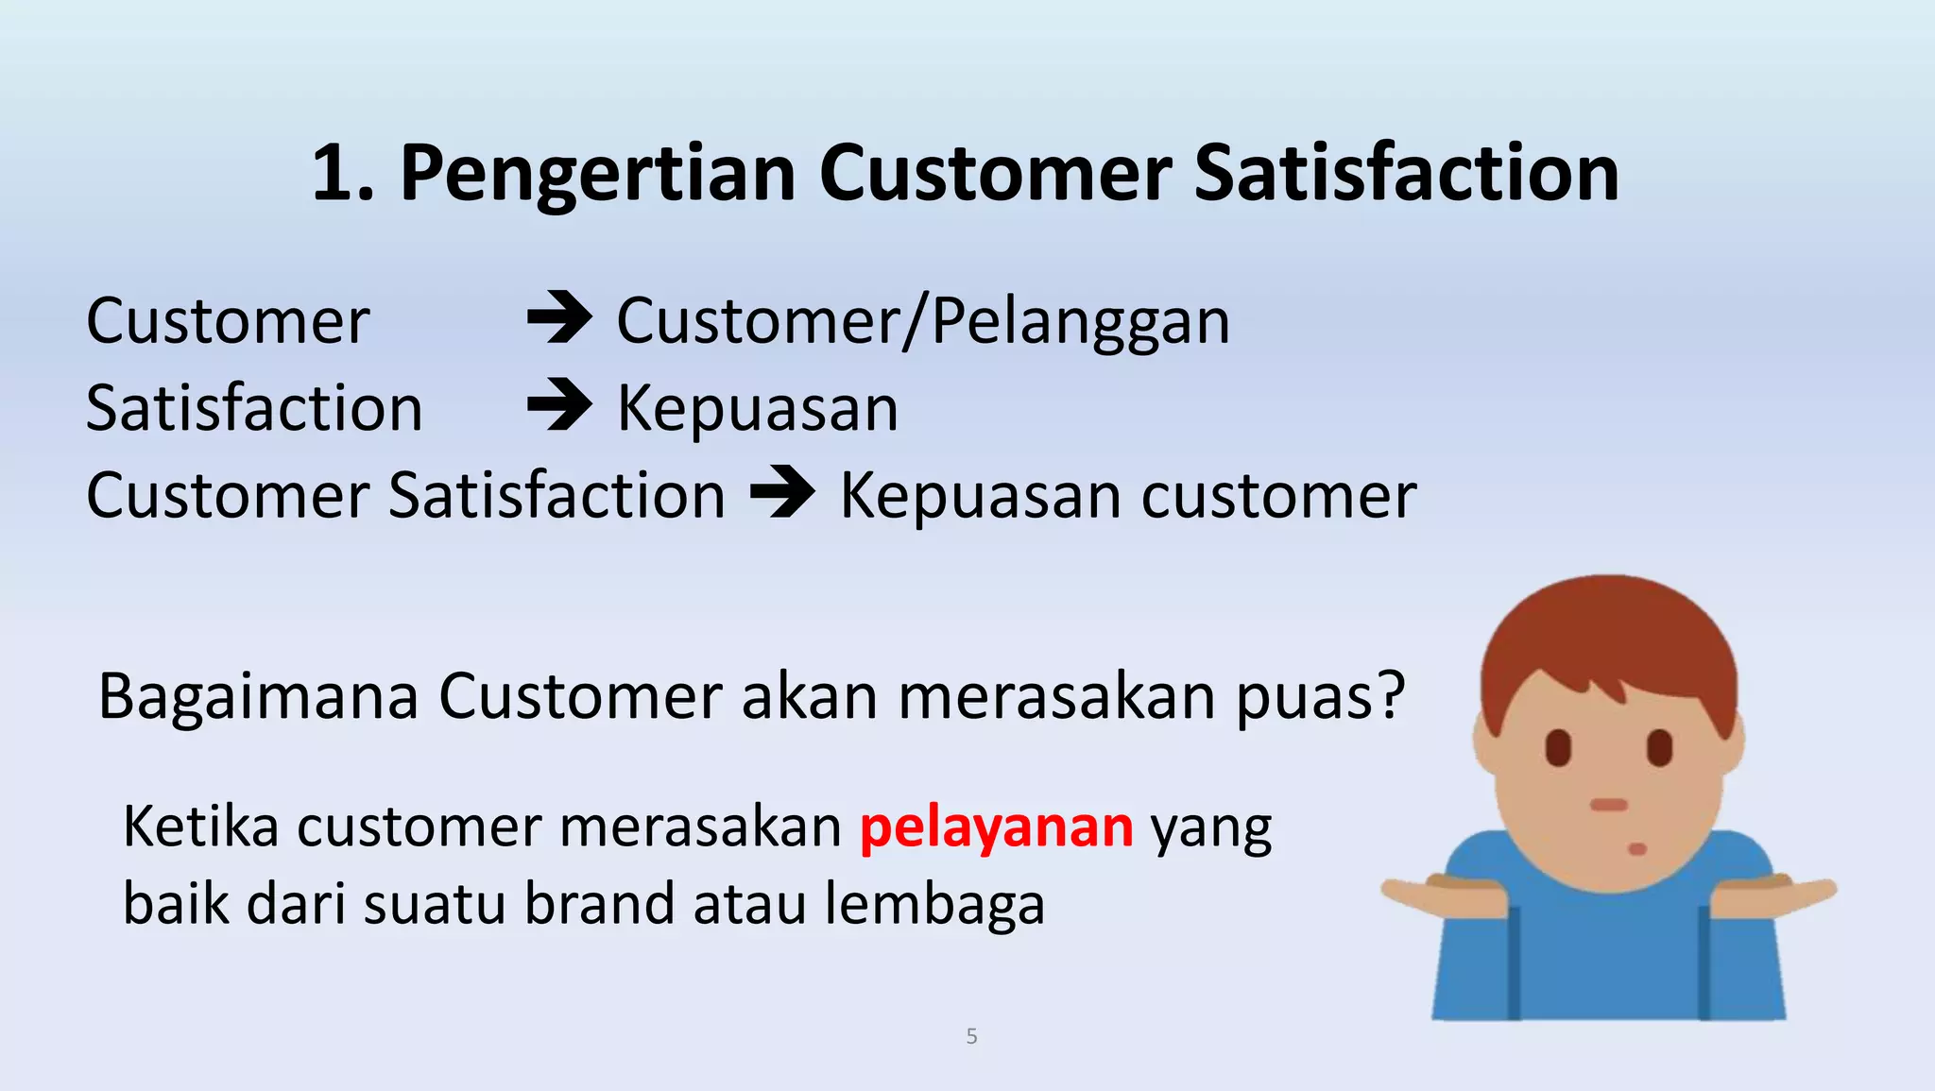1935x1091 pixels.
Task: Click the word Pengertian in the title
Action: click(x=598, y=174)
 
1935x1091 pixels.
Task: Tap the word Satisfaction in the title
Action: click(x=1406, y=174)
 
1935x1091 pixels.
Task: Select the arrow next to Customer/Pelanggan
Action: click(x=559, y=318)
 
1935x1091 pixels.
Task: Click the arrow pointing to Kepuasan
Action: click(x=559, y=405)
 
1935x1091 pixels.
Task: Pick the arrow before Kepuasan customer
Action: click(x=782, y=493)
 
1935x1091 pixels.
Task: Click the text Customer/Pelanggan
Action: click(x=923, y=321)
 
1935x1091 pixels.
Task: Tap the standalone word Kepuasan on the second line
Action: click(x=757, y=409)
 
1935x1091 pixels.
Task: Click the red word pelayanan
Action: click(x=996, y=827)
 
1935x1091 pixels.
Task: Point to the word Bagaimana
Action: click(x=258, y=697)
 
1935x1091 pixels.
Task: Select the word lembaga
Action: click(x=934, y=904)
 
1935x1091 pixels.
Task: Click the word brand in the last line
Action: click(x=600, y=904)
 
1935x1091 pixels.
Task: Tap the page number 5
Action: click(x=971, y=1036)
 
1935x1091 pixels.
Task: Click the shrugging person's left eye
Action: click(x=1558, y=748)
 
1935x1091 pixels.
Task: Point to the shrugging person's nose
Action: click(x=1608, y=805)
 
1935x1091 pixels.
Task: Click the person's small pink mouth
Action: click(x=1637, y=849)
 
